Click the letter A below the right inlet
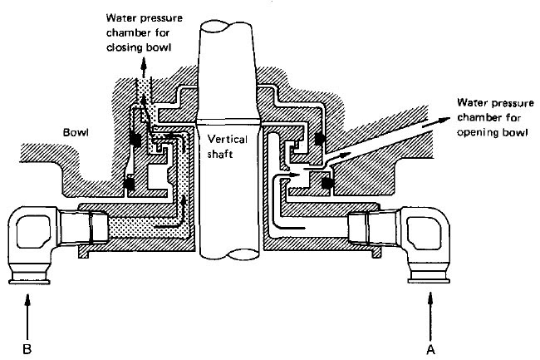click(430, 348)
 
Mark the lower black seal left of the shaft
click(128, 181)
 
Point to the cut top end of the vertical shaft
click(223, 29)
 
